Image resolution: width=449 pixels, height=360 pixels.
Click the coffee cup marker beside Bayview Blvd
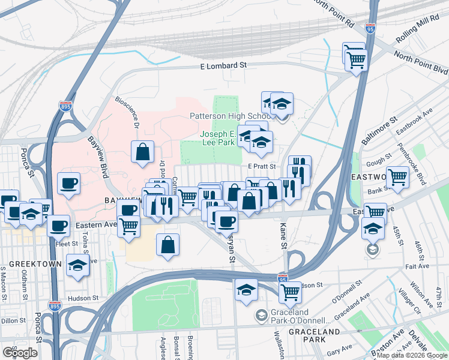[x=68, y=182]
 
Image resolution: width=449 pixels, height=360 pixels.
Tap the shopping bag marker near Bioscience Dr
[x=143, y=152]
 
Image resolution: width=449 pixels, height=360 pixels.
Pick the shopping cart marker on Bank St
[x=397, y=177]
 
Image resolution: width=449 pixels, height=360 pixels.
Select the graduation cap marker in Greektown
[x=77, y=265]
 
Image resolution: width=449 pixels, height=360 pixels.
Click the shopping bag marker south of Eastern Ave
[x=168, y=244]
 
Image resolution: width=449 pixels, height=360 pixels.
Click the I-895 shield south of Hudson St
[x=55, y=305]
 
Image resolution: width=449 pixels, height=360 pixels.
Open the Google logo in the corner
[x=20, y=353]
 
